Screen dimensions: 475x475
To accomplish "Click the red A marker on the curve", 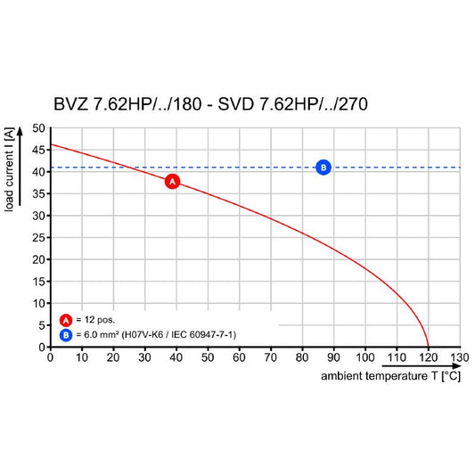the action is [x=172, y=182].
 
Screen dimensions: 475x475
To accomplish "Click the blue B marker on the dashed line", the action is [x=323, y=168].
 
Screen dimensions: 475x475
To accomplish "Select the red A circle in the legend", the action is [x=66, y=320].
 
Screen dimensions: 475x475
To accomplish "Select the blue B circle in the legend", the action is [x=66, y=335].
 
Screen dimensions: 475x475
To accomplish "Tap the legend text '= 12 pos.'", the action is [x=95, y=320].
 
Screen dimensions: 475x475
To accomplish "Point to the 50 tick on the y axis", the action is [x=39, y=128].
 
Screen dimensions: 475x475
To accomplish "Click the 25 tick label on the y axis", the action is [x=39, y=238].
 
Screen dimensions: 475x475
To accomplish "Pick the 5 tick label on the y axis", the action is [x=42, y=325].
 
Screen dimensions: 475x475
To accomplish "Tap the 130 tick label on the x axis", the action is [x=459, y=357].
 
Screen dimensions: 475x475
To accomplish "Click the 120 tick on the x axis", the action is [x=428, y=357].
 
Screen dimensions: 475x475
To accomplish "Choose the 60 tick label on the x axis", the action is [x=239, y=357].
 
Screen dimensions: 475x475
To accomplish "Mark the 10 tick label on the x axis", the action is [x=82, y=357].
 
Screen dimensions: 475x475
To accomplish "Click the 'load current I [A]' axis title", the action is [x=9, y=169].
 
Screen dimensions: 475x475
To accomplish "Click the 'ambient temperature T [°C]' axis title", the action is [x=391, y=376].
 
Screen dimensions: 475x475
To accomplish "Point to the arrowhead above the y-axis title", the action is [x=20, y=131].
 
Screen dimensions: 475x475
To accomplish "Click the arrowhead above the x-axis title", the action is [x=456, y=366].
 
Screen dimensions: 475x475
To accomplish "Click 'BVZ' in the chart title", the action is [x=70, y=104].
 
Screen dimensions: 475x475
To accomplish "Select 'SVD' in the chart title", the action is [x=235, y=104].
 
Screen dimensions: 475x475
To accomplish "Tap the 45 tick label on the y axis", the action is [x=39, y=151].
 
